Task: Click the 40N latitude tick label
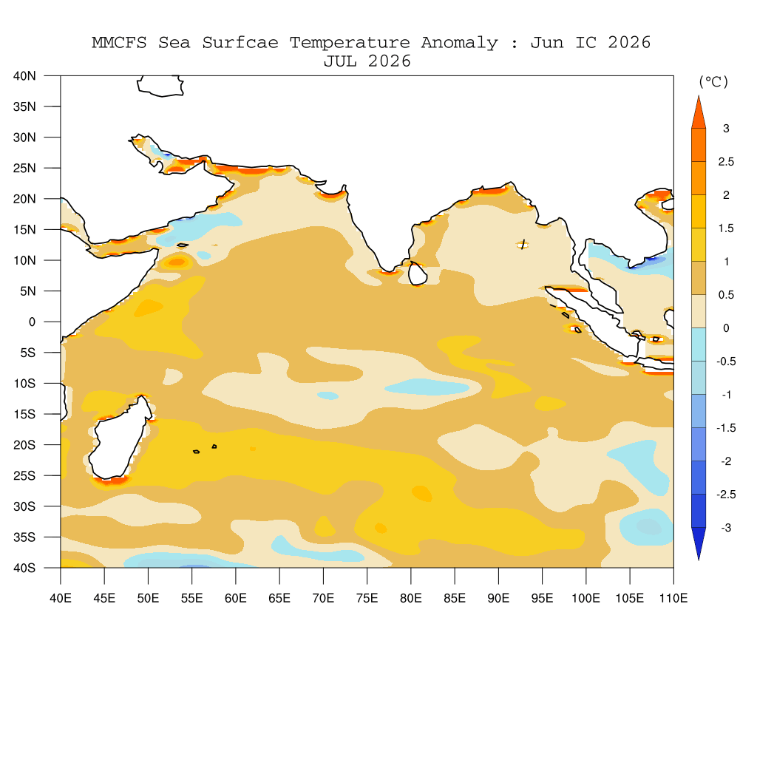pos(24,76)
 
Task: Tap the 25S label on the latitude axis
pos(24,475)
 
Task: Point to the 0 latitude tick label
pos(32,322)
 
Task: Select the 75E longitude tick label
pos(367,598)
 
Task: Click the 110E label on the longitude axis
pos(673,598)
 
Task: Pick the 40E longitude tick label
pos(61,598)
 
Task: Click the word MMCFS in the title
pos(119,42)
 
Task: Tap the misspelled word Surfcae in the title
pos(240,42)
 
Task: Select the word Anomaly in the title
pos(459,43)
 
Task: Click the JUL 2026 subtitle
pos(367,61)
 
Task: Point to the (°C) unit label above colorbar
pos(713,81)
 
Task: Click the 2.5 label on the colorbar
pos(726,162)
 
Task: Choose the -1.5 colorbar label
pos(726,428)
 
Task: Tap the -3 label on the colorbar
pos(726,528)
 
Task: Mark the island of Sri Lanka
pos(417,274)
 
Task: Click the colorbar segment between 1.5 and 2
pos(699,211)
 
